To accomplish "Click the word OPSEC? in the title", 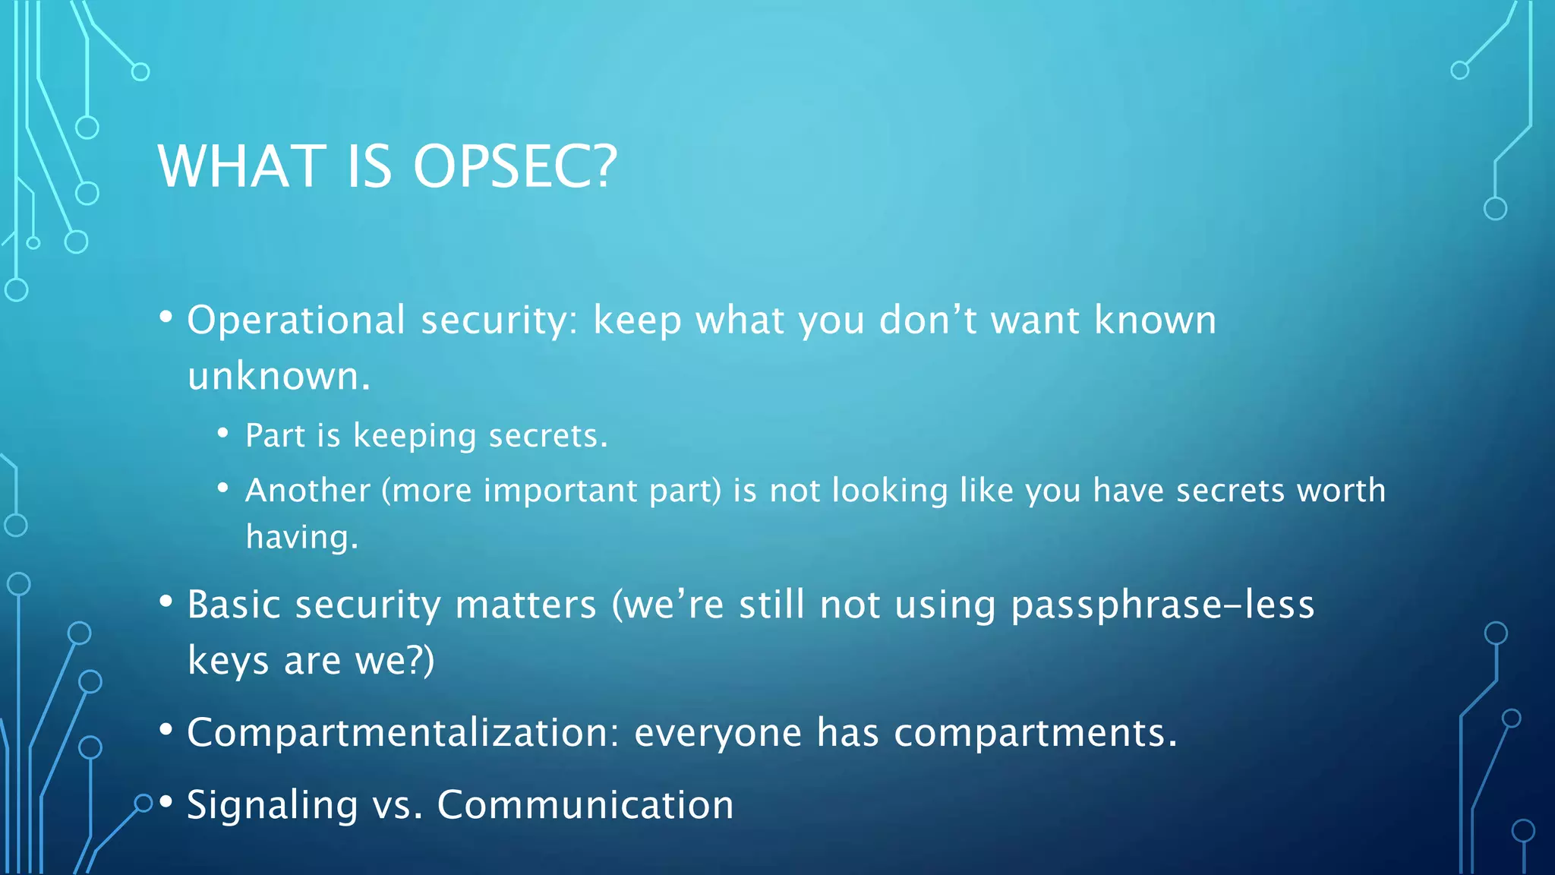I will (x=515, y=166).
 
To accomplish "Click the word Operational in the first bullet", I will (x=296, y=321).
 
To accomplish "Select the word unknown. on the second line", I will (x=279, y=377).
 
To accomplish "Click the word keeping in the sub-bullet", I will (x=415, y=437).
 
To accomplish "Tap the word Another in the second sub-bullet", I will (x=308, y=491).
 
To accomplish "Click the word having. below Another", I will (x=301, y=538).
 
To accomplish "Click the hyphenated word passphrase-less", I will (x=1162, y=605).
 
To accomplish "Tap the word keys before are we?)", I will (x=228, y=661).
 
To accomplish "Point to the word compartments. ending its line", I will (x=1036, y=734).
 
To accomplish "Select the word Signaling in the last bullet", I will (x=272, y=806).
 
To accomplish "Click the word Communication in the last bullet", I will (x=585, y=805).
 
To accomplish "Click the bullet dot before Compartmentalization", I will (x=166, y=730).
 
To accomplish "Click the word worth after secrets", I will (x=1341, y=491).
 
